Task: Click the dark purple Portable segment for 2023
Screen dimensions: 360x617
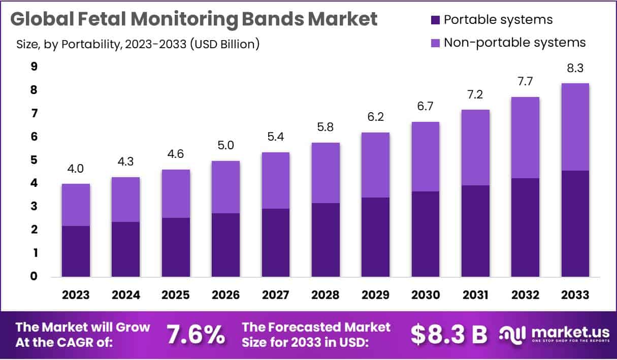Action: click(76, 251)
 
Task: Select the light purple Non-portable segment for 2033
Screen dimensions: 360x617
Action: click(575, 127)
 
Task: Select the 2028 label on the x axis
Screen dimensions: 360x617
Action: click(326, 295)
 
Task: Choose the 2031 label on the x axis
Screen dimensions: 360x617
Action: click(475, 295)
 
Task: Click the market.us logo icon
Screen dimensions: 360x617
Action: click(513, 334)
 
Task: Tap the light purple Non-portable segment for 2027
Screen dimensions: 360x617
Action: click(275, 180)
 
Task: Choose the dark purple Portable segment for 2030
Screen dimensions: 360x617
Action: click(425, 234)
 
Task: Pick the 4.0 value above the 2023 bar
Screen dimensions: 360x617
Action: click(76, 169)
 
